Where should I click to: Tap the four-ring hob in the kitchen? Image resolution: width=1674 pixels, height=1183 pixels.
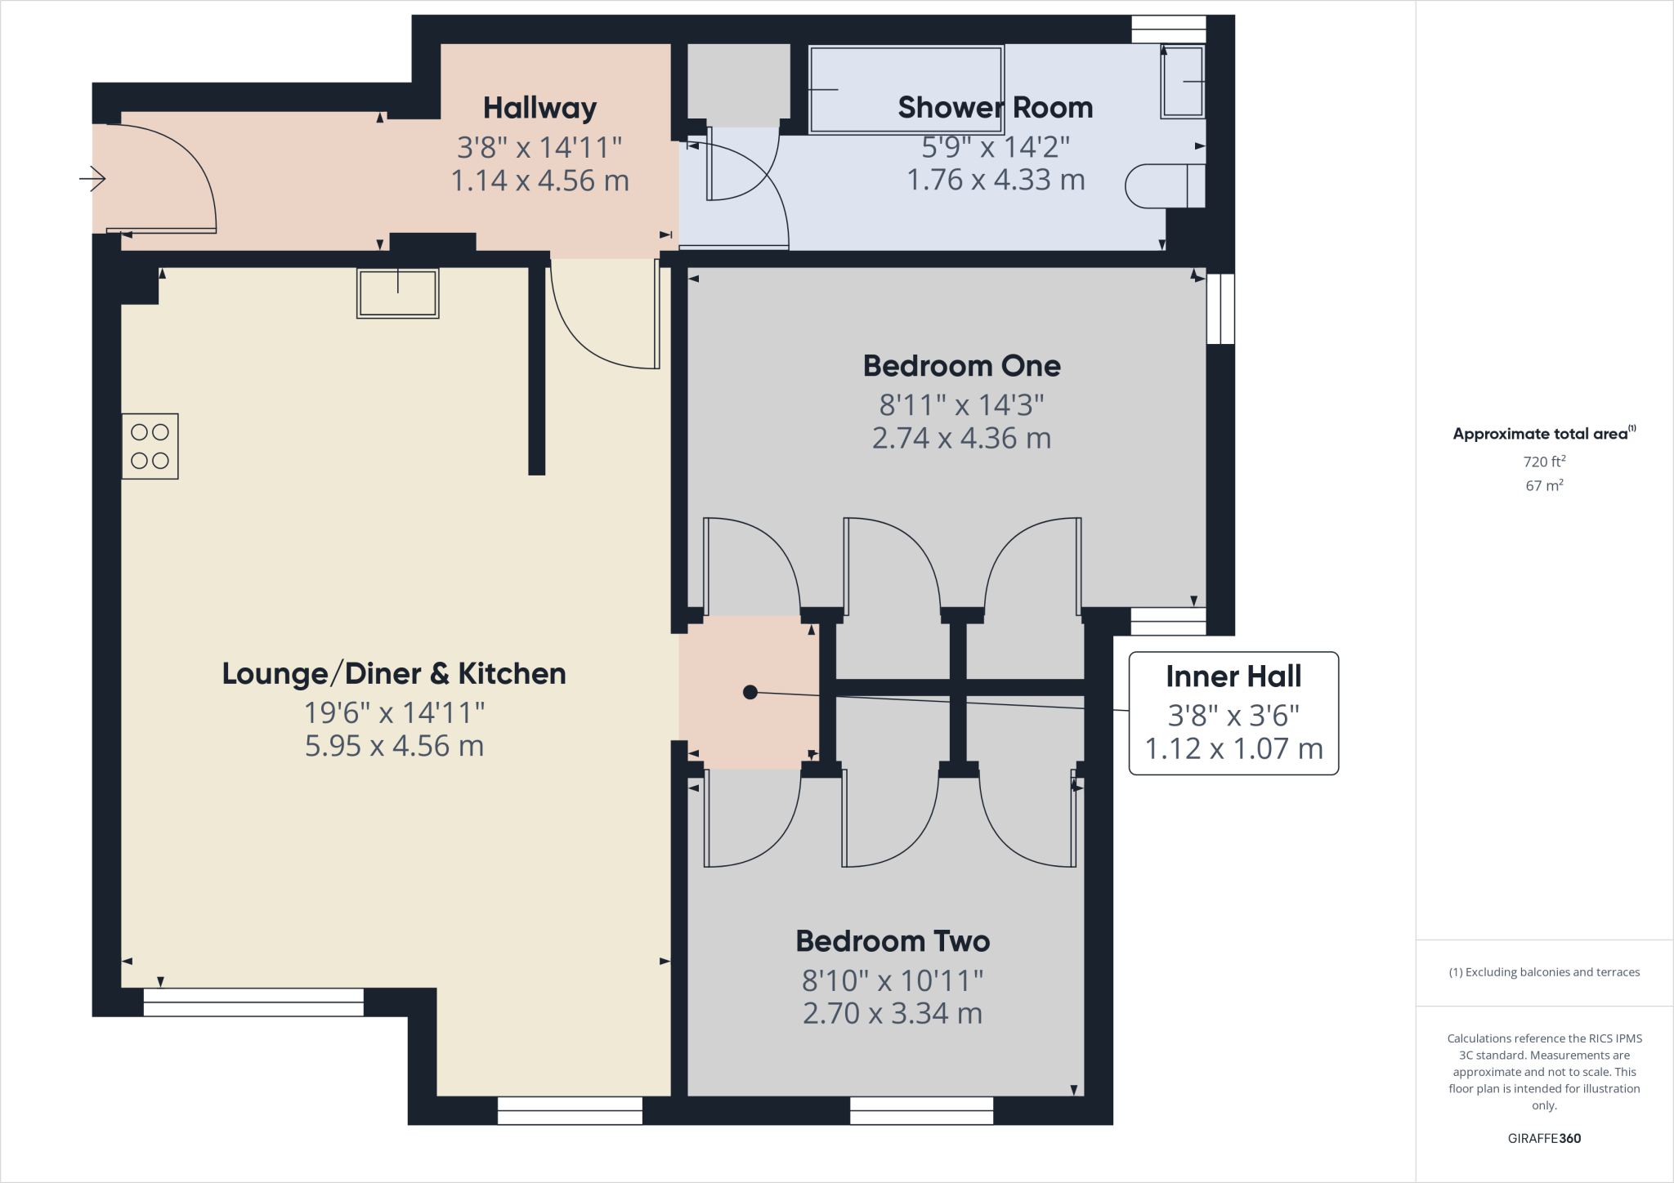150,446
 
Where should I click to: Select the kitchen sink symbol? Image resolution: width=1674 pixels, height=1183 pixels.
398,292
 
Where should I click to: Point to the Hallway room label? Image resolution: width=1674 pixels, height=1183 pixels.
539,108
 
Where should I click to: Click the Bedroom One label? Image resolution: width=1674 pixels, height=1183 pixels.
961,366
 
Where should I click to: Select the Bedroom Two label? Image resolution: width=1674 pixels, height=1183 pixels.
893,941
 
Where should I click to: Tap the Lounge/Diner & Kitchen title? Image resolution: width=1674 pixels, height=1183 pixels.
394,674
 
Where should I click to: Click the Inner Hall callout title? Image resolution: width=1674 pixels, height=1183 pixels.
1233,676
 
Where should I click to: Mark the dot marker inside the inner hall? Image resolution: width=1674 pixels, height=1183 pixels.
750,693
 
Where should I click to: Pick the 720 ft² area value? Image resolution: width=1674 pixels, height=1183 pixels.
1544,462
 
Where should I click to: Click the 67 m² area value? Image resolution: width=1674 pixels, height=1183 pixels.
1544,485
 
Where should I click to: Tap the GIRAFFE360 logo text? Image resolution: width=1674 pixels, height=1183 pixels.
1544,1138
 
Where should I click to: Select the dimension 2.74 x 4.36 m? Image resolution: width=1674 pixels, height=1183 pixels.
961,439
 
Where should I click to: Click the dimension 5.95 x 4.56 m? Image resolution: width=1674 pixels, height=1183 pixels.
394,746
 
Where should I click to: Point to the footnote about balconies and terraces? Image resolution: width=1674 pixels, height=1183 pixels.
1544,972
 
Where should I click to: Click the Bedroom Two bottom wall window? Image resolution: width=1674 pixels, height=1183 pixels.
921,1110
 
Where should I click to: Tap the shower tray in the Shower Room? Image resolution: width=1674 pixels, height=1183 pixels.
906,89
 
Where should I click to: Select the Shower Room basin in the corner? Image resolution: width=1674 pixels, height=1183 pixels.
1183,81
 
